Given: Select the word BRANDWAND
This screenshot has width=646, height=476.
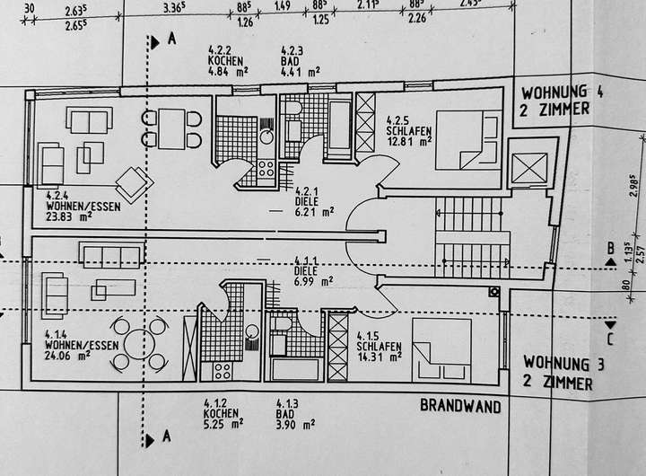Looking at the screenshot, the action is click(461, 405).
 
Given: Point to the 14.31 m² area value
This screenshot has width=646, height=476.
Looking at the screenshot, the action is click(378, 356).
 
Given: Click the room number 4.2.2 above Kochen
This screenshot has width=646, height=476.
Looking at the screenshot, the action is click(220, 50).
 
